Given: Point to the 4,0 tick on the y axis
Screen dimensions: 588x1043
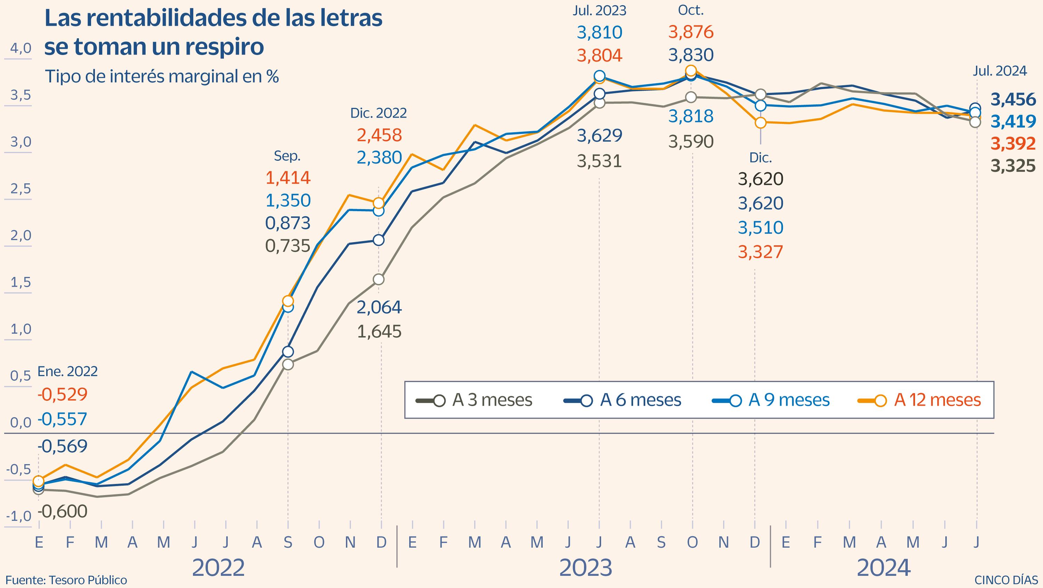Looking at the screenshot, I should (21, 49).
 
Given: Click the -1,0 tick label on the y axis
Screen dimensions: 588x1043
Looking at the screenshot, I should (19, 516).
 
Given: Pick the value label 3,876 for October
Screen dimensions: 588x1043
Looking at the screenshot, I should (691, 32).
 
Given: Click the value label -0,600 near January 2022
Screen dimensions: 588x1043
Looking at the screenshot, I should (63, 512).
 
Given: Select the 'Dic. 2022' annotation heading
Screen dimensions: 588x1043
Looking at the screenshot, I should (379, 113).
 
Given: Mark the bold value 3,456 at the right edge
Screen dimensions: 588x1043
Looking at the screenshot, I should (1013, 99).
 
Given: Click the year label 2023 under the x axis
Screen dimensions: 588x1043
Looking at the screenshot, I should (585, 568).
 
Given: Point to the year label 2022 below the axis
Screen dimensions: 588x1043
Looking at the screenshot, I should (218, 568).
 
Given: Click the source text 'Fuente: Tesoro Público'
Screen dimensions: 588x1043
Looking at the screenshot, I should (66, 580).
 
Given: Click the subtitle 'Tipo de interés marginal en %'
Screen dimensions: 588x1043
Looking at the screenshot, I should (162, 76).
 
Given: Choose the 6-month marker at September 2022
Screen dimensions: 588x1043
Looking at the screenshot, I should (288, 352).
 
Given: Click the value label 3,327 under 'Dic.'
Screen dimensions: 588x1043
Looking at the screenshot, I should (760, 252).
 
